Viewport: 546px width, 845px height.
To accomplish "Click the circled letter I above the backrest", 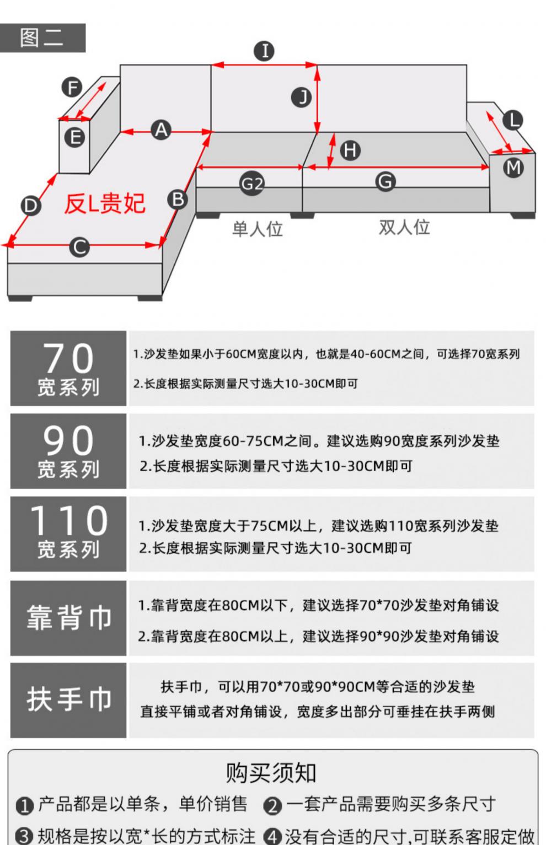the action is pos(264,51).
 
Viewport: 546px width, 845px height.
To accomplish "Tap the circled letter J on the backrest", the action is pos(301,98).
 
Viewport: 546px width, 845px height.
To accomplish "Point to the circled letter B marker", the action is pos(178,199).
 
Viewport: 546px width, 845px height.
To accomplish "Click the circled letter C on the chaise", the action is pos(79,247).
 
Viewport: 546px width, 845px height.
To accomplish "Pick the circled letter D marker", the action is pos(30,206).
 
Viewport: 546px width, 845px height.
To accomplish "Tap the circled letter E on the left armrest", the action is pos(74,137).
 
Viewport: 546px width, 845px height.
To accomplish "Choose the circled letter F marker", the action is pos(72,87).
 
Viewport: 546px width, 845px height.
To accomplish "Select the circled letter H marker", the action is pos(350,150).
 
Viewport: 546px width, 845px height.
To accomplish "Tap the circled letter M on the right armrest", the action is pos(513,167).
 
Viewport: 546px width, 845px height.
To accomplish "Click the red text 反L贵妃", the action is pos(105,204).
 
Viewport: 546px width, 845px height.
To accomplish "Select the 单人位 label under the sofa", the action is pos(258,229).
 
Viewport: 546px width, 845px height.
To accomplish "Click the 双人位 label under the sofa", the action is pos(404,227).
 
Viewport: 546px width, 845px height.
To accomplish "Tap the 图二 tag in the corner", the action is pos(41,37).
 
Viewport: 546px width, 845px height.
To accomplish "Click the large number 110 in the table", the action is pos(69,520).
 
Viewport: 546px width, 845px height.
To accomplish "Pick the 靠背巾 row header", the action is pos(69,617).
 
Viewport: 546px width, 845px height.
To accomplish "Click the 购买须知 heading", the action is pos(271,772).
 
